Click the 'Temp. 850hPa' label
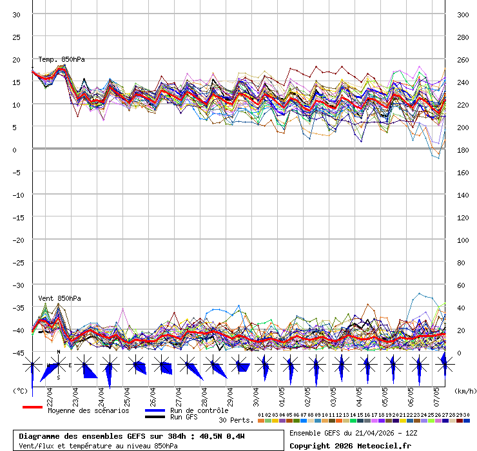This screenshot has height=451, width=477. [61, 59]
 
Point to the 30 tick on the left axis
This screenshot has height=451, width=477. [17, 15]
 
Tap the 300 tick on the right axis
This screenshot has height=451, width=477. [463, 15]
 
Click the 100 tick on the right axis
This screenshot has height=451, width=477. [463, 240]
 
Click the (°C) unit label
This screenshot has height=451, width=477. [20, 390]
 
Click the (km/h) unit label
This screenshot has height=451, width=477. [464, 390]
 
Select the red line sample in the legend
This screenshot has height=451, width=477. [32, 407]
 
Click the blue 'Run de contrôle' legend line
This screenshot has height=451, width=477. [155, 410]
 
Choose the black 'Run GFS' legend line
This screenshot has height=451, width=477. [155, 417]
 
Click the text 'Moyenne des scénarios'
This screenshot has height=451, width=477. [88, 410]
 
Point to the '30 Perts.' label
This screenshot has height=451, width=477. [236, 420]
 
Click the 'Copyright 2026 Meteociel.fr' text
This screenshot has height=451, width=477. [350, 445]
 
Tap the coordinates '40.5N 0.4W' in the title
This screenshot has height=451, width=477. [222, 436]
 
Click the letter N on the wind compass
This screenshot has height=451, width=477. [59, 352]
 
